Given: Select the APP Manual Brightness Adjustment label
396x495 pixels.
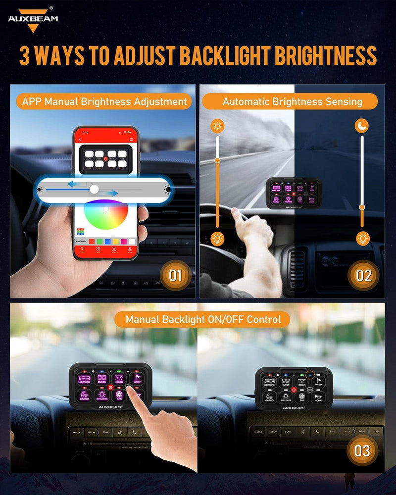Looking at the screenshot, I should [x=104, y=102].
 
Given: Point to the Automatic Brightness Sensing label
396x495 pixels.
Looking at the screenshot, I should [x=292, y=102].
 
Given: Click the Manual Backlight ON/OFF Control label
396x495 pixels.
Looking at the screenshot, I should [x=203, y=319].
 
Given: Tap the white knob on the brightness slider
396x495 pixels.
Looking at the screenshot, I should [x=94, y=189].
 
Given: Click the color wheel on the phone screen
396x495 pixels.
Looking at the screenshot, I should [x=106, y=218].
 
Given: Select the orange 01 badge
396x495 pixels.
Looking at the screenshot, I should [x=176, y=275].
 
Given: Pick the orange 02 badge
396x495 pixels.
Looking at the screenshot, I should [x=363, y=275].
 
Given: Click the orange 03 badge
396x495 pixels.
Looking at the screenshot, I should [x=362, y=450].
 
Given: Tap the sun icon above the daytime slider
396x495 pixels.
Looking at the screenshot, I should [x=217, y=126].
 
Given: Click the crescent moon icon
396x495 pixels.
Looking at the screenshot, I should [x=362, y=126].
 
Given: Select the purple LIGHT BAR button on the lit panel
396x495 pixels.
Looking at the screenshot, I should [x=84, y=379].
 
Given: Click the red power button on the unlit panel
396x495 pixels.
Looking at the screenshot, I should [x=295, y=390].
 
